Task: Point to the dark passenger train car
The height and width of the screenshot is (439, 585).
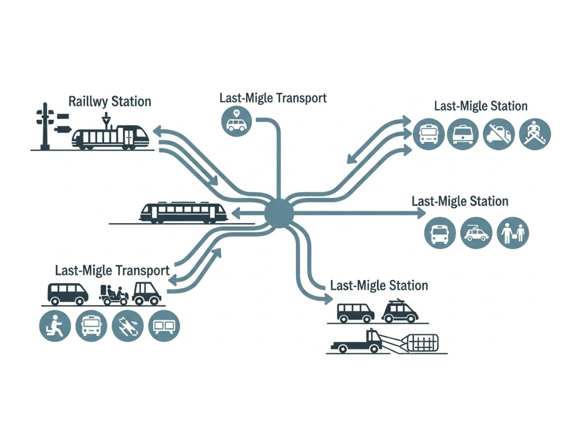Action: click(x=184, y=213)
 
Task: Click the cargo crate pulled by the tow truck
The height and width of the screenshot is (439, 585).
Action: click(x=422, y=343)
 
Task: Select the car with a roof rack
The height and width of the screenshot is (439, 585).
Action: click(x=400, y=312)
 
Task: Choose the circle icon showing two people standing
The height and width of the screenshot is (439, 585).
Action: click(x=513, y=233)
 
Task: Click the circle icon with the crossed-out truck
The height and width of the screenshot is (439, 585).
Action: click(x=499, y=134)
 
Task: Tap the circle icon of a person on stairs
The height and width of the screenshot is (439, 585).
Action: click(x=535, y=134)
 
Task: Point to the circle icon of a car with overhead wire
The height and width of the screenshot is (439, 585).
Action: click(x=476, y=233)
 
